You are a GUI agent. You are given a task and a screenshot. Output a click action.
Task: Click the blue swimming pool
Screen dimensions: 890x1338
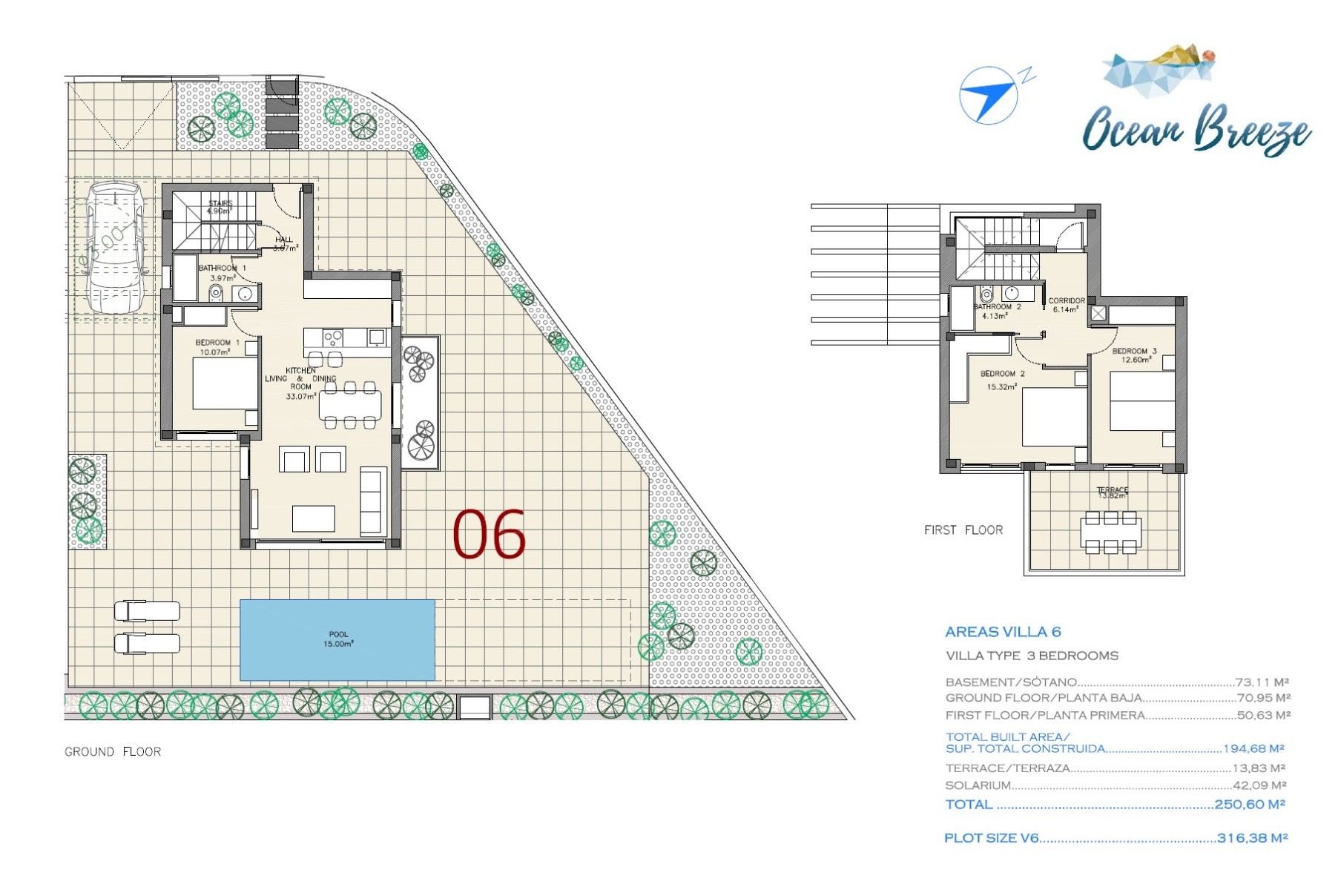coord(337,639)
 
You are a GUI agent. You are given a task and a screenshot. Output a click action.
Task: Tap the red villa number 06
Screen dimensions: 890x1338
coord(489,534)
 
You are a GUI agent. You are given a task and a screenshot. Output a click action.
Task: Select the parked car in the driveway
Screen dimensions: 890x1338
coord(114,248)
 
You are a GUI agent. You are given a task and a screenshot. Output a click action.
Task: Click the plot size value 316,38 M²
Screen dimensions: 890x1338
coord(1252,838)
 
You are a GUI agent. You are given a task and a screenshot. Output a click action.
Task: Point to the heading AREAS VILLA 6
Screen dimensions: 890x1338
coord(1003,632)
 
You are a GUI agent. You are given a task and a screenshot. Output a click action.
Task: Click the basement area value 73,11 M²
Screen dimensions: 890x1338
coord(1262,682)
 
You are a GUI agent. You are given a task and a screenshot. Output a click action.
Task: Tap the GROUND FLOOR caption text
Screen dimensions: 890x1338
coord(113,751)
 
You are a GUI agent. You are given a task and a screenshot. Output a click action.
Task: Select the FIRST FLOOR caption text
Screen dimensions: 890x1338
coord(963,530)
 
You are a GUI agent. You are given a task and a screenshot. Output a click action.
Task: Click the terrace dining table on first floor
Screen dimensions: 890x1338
coord(1110,532)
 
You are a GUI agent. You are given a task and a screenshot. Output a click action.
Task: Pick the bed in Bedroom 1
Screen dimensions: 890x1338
coord(225,383)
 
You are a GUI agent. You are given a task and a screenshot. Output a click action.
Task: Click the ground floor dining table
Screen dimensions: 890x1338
coord(350,405)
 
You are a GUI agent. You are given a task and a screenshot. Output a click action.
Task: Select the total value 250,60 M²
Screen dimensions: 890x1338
coord(1249,804)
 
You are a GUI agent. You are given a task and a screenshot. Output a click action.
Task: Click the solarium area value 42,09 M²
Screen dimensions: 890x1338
coord(1259,785)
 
